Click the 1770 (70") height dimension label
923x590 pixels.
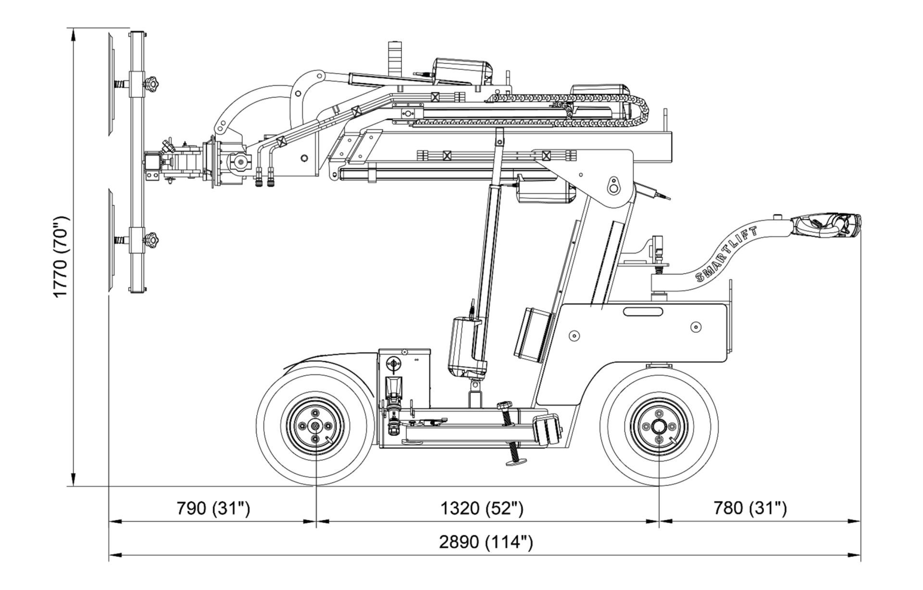click(x=62, y=257)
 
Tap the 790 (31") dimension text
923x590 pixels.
click(x=213, y=508)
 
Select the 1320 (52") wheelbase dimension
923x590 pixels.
click(x=482, y=508)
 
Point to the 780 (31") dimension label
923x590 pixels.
click(x=750, y=508)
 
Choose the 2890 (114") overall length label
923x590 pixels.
click(x=486, y=542)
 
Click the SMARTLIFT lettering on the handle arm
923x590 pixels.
click(x=726, y=255)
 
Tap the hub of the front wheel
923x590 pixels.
click(x=315, y=426)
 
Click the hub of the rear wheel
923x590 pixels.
click(x=659, y=426)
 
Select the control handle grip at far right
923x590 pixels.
click(x=827, y=226)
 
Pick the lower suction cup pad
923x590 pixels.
click(x=111, y=240)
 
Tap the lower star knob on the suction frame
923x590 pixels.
click(x=153, y=239)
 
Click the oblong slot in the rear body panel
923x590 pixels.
click(x=643, y=312)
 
